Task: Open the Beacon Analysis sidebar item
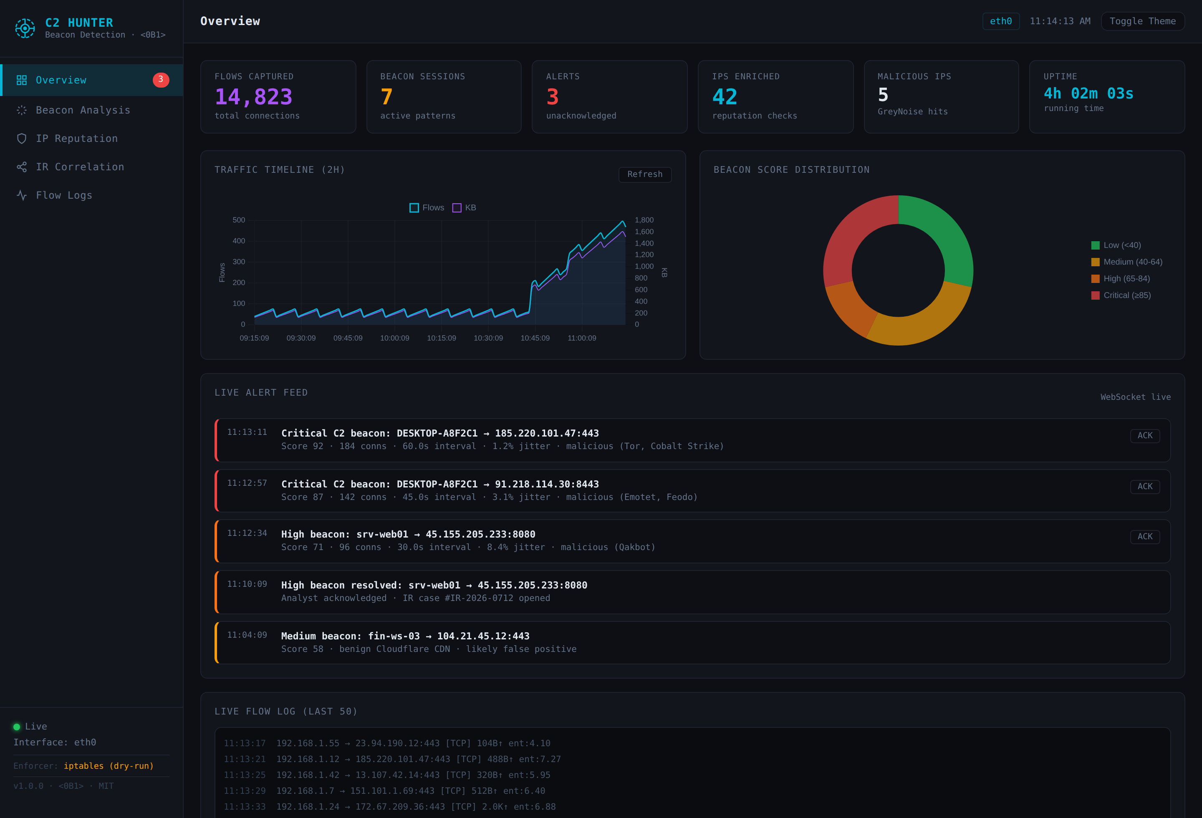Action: (83, 110)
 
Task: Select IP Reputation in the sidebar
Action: (76, 139)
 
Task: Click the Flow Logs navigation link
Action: (63, 195)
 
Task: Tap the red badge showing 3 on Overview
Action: (161, 80)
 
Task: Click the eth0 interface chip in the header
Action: (1001, 21)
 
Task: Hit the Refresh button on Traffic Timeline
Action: (645, 174)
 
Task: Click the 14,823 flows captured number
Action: (253, 97)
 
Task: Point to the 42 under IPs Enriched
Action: (725, 97)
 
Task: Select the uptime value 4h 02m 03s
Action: (1088, 93)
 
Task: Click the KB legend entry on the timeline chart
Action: (465, 207)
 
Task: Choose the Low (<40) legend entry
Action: (1116, 245)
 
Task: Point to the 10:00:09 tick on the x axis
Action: (395, 338)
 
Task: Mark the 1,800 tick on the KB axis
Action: (644, 220)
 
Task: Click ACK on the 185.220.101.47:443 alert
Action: (1144, 435)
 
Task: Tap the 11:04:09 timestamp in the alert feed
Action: (247, 635)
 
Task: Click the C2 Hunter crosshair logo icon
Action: (25, 28)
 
